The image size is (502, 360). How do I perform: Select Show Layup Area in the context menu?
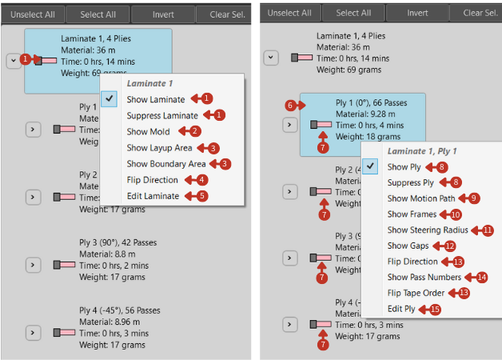point(158,148)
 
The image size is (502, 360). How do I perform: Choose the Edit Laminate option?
point(153,196)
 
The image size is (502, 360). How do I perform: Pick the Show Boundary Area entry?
point(165,164)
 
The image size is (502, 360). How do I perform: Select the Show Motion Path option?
point(421,198)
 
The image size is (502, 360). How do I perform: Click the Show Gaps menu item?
point(408,246)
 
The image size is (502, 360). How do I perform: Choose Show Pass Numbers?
point(424,277)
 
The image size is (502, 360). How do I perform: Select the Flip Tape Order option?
point(416,293)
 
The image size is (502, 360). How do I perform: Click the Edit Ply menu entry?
point(401,309)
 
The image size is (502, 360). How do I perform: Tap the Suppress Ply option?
point(410,182)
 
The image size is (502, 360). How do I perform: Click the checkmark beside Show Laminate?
point(110,98)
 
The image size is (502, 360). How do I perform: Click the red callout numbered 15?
point(435,309)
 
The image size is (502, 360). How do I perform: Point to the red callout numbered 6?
point(290,105)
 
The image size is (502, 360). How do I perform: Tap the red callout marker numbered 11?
point(488,230)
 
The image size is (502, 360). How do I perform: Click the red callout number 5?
point(202,196)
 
